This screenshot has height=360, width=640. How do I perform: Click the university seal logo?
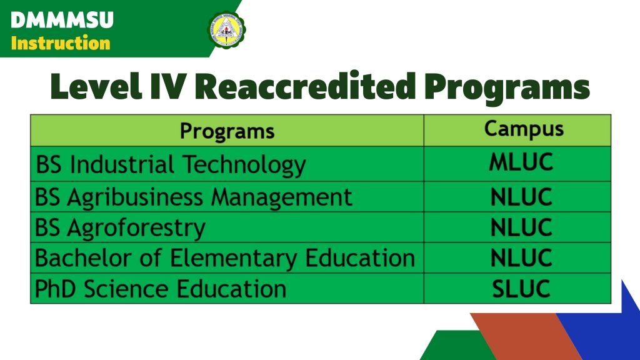click(x=226, y=29)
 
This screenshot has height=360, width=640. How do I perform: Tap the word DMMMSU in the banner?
click(x=62, y=21)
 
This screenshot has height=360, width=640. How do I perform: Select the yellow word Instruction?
click(x=61, y=43)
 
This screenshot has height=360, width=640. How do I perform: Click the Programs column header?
click(x=227, y=131)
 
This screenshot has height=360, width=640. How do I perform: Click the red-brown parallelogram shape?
click(x=526, y=337)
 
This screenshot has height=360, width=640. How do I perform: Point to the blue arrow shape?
click(x=604, y=326)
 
